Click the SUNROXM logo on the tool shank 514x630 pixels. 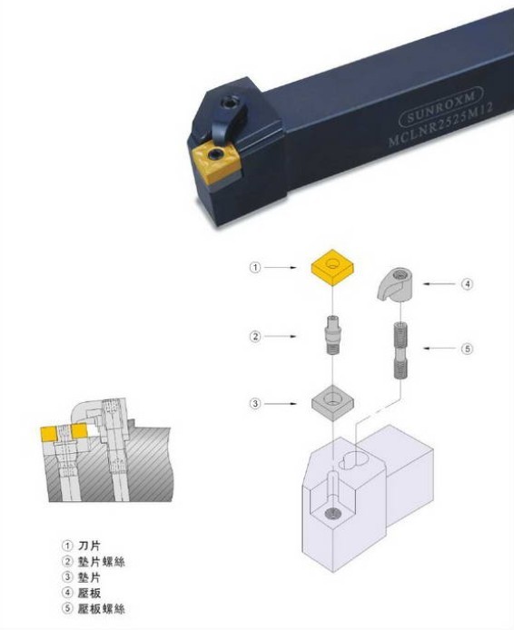(440, 106)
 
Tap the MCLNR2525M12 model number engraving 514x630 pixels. (440, 124)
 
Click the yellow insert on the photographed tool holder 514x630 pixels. (215, 162)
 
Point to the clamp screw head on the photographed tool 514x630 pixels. (231, 102)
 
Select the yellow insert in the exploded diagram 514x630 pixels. (332, 267)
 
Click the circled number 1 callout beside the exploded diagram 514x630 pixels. (255, 267)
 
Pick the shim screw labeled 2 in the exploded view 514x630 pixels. (332, 334)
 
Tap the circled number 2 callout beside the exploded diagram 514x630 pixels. (255, 336)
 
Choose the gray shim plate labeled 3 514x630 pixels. (332, 402)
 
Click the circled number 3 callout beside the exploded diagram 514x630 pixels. (255, 403)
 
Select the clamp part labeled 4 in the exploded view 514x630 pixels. (394, 284)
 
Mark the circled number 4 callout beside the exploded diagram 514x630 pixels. (467, 284)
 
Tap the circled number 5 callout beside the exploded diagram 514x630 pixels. (467, 349)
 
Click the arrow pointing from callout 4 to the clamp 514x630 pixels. (440, 284)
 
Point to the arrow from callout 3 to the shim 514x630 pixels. (281, 403)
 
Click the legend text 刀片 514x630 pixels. (89, 546)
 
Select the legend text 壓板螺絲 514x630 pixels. (102, 608)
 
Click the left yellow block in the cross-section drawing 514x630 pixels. (49, 433)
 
